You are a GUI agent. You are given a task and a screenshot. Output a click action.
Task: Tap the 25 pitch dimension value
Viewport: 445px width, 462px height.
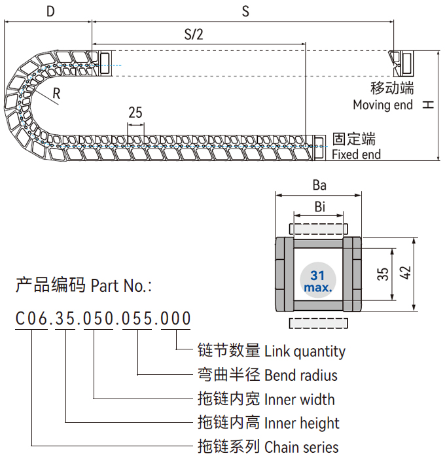[135, 112]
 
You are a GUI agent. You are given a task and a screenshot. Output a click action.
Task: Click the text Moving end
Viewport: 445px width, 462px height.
[383, 105]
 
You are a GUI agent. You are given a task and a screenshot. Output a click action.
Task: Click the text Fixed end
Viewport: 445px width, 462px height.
[356, 155]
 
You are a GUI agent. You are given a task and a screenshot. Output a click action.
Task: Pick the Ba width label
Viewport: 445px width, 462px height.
[319, 185]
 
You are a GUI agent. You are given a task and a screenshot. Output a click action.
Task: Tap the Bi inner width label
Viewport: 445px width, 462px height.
[319, 207]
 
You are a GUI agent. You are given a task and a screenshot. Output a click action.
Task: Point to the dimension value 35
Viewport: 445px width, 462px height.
[382, 274]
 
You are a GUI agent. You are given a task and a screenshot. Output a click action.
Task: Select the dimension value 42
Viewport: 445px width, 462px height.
[405, 274]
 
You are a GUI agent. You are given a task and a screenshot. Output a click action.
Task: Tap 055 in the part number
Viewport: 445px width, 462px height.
[137, 319]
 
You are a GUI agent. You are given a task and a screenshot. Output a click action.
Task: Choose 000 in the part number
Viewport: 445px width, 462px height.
[175, 319]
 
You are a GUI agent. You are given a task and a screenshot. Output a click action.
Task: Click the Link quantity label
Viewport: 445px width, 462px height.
[304, 351]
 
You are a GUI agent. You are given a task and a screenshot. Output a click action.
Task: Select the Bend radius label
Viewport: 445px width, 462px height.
[300, 376]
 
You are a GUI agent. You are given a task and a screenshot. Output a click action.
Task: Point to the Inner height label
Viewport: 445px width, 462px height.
[302, 423]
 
